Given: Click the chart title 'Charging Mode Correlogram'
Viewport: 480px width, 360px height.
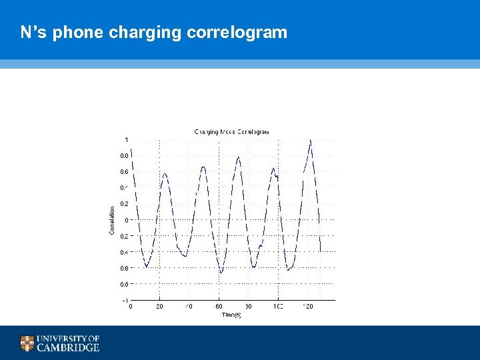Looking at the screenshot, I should point(231,132).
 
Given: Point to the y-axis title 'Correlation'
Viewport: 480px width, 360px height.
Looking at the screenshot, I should point(111,219).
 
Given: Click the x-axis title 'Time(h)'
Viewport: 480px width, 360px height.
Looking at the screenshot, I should point(231,314).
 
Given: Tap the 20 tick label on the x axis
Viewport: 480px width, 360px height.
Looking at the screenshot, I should point(159,307).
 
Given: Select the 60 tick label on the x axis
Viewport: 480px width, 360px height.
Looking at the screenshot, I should point(219,307).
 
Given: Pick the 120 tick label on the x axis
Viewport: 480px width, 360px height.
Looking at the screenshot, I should point(307,307).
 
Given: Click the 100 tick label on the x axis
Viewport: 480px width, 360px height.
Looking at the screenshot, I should point(277,307).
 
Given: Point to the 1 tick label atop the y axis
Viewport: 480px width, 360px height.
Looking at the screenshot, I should point(127,139).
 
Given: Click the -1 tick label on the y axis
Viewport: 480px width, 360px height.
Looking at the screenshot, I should point(125,300).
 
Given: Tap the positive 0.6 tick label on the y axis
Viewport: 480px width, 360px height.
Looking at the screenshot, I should point(124,171).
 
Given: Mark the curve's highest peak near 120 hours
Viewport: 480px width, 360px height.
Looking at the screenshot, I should point(310,140).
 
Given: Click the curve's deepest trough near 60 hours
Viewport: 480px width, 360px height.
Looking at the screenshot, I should point(221,272).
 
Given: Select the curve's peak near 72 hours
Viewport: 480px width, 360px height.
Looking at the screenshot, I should point(238,158).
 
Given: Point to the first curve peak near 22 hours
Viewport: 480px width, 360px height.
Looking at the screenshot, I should point(164,173).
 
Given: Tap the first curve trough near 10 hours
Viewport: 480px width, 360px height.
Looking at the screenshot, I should point(146,267).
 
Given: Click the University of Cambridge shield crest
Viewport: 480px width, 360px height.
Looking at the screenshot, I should point(27,343).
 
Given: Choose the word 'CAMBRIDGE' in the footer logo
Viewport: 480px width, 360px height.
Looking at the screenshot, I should point(68,347).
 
